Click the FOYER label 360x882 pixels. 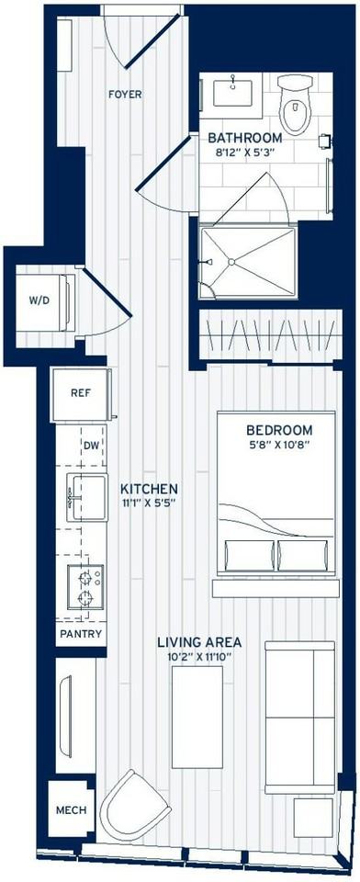point(125,95)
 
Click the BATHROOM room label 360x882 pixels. point(245,137)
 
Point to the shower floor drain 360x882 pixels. point(231,262)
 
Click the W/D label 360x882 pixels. point(39,300)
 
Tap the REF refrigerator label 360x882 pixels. point(81,393)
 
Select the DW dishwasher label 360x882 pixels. point(91,446)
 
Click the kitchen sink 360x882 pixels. point(86,497)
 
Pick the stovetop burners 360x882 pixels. point(86,586)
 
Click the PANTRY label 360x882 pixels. point(82,635)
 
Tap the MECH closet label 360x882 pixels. point(72,810)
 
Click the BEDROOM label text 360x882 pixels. point(279,430)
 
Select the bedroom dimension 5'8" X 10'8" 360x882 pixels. point(279,445)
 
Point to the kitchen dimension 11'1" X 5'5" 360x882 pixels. point(149,503)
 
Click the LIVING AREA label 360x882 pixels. point(199,642)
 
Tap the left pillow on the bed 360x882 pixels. point(249,556)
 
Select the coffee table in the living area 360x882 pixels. point(197,718)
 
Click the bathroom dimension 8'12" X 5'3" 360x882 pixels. point(245,152)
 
